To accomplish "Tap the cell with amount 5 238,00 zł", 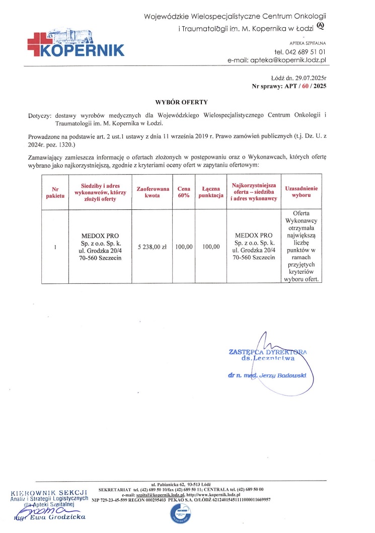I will tap(152, 247).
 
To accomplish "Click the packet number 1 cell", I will tap(55, 247).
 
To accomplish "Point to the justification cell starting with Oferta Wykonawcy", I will tap(301, 247).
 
